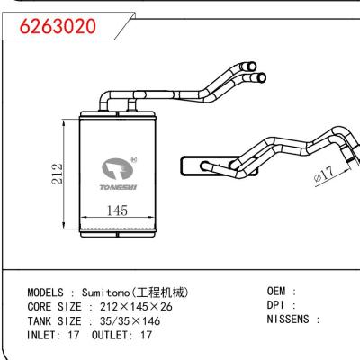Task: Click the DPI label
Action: (278, 305)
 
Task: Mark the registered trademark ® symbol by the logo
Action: (133, 160)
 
